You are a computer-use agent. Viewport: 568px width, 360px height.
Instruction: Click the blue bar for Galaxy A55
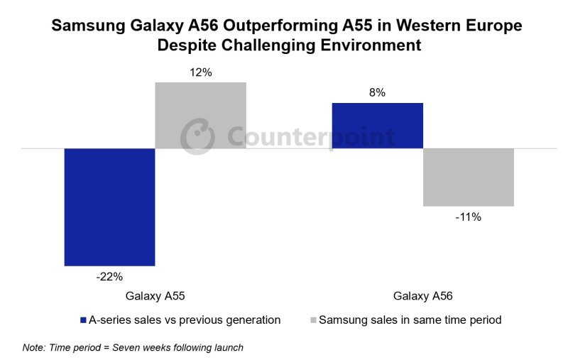[109, 207]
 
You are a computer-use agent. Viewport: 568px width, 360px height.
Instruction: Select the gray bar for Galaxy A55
[200, 115]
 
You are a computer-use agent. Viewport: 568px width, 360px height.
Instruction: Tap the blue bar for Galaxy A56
[377, 126]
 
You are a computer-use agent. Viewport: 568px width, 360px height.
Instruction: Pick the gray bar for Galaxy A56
[468, 177]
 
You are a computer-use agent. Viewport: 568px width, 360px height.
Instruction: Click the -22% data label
[109, 277]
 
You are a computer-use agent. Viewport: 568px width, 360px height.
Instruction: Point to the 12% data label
[201, 72]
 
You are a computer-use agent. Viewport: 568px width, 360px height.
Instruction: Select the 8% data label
[377, 92]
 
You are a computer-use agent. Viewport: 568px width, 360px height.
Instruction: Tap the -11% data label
[469, 217]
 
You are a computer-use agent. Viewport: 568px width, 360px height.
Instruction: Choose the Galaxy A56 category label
[423, 295]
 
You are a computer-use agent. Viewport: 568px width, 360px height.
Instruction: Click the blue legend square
[83, 320]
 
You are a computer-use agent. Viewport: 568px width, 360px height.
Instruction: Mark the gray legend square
[313, 320]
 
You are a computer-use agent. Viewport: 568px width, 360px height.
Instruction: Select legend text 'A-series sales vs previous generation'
[185, 320]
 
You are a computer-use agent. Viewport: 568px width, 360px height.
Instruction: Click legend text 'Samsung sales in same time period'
[410, 320]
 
